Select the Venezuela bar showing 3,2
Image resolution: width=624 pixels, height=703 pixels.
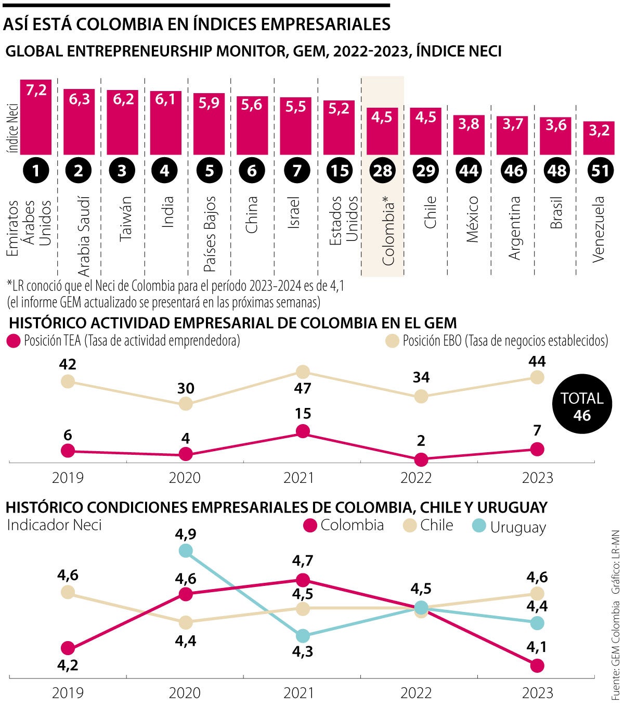point(599,138)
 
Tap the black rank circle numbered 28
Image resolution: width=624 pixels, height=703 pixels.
point(382,171)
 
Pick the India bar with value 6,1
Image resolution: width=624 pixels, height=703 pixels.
point(166,123)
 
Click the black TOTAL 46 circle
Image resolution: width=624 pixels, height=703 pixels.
point(581,406)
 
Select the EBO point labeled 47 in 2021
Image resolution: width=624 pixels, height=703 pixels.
point(303,372)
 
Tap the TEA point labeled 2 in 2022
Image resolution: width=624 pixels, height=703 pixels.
point(421,459)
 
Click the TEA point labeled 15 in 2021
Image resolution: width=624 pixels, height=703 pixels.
point(303,431)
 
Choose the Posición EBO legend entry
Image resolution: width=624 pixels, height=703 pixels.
point(497,341)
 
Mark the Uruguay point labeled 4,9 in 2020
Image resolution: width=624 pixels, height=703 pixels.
point(185,551)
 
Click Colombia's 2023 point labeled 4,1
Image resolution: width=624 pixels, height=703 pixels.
point(537,665)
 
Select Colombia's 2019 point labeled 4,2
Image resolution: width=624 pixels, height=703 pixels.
point(67,648)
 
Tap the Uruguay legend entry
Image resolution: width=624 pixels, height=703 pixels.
point(509,526)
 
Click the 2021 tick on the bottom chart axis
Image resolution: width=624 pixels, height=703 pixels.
point(298,693)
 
